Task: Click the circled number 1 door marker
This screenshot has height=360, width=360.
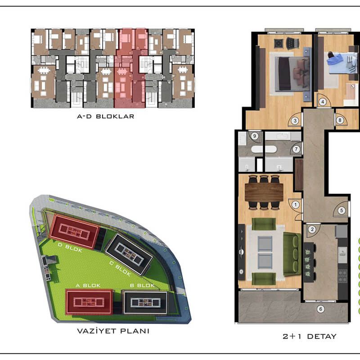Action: (x=296, y=205)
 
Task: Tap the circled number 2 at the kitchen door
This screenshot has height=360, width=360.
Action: (x=312, y=229)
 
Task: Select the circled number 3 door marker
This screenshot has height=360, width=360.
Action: (x=295, y=121)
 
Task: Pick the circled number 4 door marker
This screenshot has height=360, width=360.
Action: (x=323, y=102)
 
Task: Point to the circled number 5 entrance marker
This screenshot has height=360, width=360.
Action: (x=342, y=210)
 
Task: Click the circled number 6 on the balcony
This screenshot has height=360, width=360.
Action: (x=321, y=309)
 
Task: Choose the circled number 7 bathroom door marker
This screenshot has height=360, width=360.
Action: (x=296, y=149)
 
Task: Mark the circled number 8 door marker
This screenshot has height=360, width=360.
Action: (x=340, y=120)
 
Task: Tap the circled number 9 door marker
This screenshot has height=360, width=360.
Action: (x=254, y=136)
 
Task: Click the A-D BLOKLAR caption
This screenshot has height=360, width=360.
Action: (x=106, y=117)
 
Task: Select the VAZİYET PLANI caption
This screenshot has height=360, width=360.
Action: (x=113, y=331)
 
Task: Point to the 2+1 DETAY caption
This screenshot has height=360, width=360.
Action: (x=310, y=336)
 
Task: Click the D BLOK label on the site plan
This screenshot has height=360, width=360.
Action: (x=70, y=248)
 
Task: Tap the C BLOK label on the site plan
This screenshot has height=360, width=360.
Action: (x=120, y=268)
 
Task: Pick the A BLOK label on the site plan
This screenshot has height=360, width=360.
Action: (x=88, y=285)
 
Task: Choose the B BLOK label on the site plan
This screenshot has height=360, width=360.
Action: (x=142, y=285)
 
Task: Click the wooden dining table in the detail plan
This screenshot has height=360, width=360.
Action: (x=264, y=193)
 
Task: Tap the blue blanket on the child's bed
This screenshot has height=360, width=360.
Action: (x=335, y=59)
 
